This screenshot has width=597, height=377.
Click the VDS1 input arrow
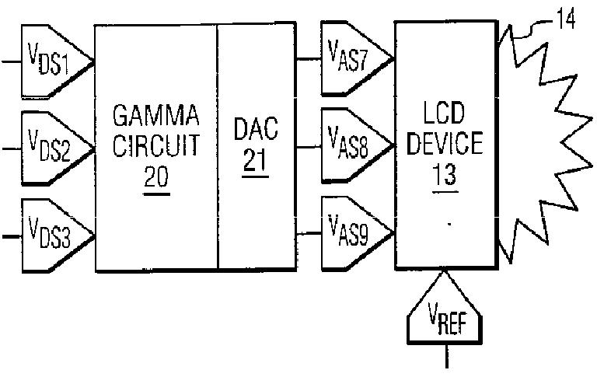tap(57, 61)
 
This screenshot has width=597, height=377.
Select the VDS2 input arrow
tap(57, 148)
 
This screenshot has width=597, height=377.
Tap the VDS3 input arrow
tap(57, 236)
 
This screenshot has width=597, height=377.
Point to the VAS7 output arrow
tap(357, 58)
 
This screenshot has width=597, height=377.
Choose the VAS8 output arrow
tap(357, 145)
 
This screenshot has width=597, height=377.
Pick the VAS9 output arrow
tap(357, 232)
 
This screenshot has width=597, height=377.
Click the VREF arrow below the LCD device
tap(445, 307)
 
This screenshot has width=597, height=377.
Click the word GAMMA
tap(156, 115)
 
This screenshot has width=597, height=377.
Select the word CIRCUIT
tap(156, 145)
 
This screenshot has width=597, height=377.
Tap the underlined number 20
tap(156, 178)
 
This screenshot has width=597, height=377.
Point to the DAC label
tap(256, 129)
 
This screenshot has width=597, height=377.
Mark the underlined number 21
tap(256, 162)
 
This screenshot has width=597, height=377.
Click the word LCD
tap(445, 113)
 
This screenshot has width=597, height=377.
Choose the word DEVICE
tap(445, 143)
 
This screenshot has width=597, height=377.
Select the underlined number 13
tap(445, 176)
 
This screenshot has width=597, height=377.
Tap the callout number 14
tap(566, 19)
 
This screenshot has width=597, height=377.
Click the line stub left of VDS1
tap(12, 61)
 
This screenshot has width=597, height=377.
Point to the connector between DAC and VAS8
tap(309, 147)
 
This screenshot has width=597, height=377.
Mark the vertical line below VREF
tap(447, 356)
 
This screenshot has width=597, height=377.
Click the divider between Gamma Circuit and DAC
tap(218, 147)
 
